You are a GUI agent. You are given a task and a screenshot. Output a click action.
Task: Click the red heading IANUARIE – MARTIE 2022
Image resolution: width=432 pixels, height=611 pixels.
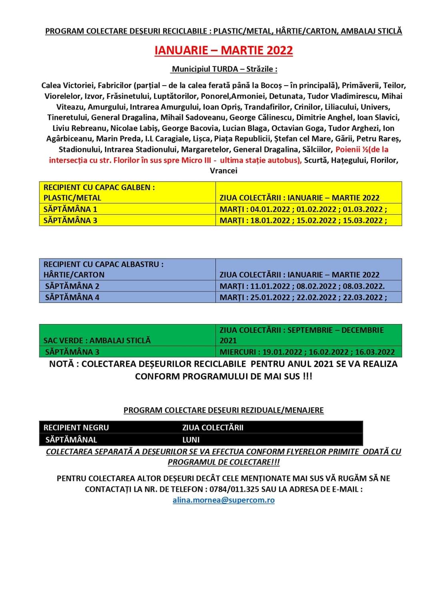(x=224, y=50)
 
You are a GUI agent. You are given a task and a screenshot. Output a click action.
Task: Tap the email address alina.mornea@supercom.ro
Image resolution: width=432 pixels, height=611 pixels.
(x=224, y=500)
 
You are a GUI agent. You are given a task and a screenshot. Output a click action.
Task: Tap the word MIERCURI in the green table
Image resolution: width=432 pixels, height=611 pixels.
(x=238, y=352)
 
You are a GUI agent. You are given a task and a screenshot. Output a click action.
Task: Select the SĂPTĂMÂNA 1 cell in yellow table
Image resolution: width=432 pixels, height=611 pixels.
(x=70, y=209)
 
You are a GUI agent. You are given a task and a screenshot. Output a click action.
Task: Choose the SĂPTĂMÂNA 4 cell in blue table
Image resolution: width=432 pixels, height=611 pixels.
(x=72, y=297)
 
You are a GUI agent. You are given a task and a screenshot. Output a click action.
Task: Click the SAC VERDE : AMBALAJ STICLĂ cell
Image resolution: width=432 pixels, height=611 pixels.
(x=97, y=341)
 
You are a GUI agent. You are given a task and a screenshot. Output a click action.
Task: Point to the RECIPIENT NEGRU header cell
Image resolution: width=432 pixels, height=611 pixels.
(x=76, y=427)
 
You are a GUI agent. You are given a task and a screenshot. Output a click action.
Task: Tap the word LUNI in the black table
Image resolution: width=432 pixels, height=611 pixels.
(x=191, y=439)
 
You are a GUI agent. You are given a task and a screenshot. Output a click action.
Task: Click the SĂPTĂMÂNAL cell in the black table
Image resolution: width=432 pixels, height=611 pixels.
(x=71, y=439)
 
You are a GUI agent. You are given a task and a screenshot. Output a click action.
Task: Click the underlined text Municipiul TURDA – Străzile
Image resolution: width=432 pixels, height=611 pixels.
(x=224, y=69)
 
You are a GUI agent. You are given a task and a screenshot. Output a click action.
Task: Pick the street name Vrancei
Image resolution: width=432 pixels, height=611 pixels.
(x=224, y=171)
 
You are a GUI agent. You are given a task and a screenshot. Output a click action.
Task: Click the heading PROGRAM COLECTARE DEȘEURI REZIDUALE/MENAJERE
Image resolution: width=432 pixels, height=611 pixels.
(x=224, y=410)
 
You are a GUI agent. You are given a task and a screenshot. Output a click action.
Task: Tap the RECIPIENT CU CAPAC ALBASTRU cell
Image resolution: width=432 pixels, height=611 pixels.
(x=104, y=264)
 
